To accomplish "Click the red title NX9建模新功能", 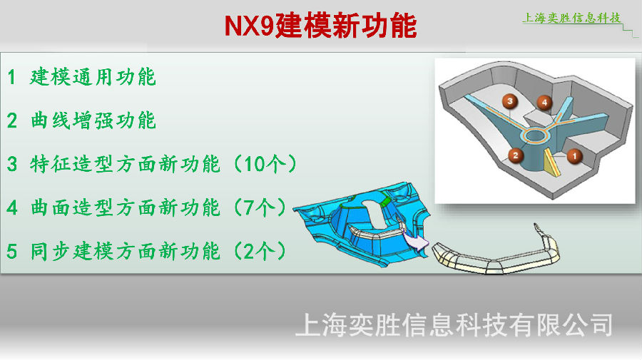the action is pyautogui.click(x=320, y=26).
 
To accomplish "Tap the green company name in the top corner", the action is pyautogui.click(x=571, y=18).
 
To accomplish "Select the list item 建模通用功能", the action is pyautogui.click(x=93, y=77).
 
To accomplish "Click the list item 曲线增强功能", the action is pyautogui.click(x=93, y=120).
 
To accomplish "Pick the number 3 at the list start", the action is pyautogui.click(x=12, y=164).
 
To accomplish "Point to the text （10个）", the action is pyautogui.click(x=265, y=164).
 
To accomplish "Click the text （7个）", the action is pyautogui.click(x=259, y=207).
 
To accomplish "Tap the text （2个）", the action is pyautogui.click(x=259, y=251).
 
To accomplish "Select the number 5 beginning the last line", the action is pyautogui.click(x=12, y=251).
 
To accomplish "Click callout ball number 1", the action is pyautogui.click(x=574, y=156).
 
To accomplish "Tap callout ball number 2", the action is pyautogui.click(x=516, y=155).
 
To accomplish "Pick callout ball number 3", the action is pyautogui.click(x=510, y=101).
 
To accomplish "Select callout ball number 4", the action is pyautogui.click(x=544, y=103).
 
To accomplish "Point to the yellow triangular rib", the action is pyautogui.click(x=551, y=164).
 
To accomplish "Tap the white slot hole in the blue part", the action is pyautogui.click(x=374, y=214).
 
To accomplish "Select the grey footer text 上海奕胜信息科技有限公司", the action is pyautogui.click(x=454, y=325).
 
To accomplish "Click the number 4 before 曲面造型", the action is pyautogui.click(x=12, y=207).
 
